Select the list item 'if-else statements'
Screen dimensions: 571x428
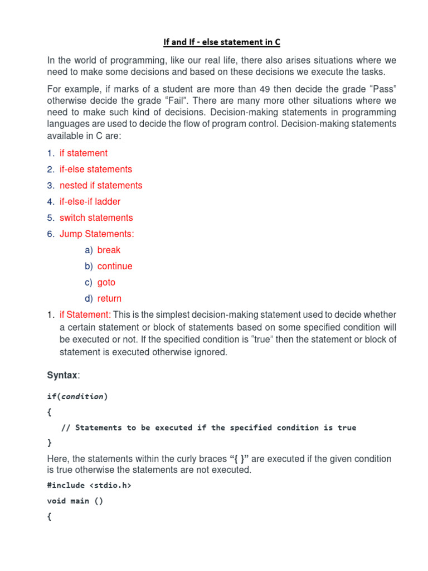pyautogui.click(x=96, y=169)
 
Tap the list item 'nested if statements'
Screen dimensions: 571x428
pyautogui.click(x=101, y=185)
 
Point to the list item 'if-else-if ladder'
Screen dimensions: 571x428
pyautogui.click(x=90, y=201)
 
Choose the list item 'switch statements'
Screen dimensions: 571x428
pyautogui.click(x=96, y=217)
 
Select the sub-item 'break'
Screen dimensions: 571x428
pyautogui.click(x=109, y=250)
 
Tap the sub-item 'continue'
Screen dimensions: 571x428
pyautogui.click(x=115, y=266)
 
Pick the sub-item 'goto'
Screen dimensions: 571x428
pyautogui.click(x=106, y=282)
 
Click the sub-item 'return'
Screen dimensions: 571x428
pyautogui.click(x=109, y=298)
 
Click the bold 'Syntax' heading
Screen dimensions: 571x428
pyautogui.click(x=62, y=376)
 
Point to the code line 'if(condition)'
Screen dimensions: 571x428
pyautogui.click(x=77, y=396)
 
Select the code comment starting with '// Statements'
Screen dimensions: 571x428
pyautogui.click(x=208, y=428)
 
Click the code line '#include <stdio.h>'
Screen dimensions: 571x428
pyautogui.click(x=89, y=485)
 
